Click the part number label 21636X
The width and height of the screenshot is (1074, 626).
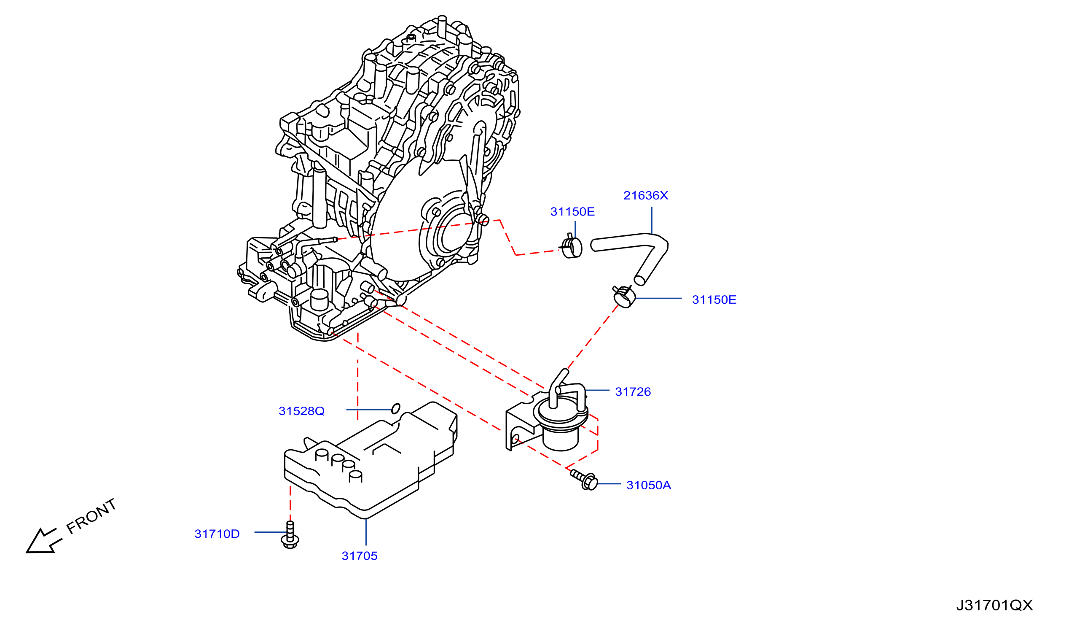pyautogui.click(x=646, y=196)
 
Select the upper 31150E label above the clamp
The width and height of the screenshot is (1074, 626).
pyautogui.click(x=572, y=212)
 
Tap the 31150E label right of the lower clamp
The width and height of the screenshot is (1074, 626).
pyautogui.click(x=714, y=300)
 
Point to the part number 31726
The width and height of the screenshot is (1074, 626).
pyautogui.click(x=633, y=392)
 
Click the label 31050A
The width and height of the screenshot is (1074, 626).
pyautogui.click(x=649, y=485)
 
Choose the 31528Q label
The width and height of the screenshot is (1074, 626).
pyautogui.click(x=302, y=411)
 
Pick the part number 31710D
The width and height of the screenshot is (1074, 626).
pyautogui.click(x=217, y=534)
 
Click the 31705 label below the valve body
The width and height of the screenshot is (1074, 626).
pyautogui.click(x=359, y=556)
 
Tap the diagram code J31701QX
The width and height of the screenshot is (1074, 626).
pyautogui.click(x=994, y=605)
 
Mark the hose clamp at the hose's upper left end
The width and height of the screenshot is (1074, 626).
pyautogui.click(x=571, y=247)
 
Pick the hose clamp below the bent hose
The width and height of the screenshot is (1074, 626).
pyautogui.click(x=624, y=297)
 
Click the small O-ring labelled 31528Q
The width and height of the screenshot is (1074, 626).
pyautogui.click(x=395, y=409)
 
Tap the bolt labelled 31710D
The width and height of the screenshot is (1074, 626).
pyautogui.click(x=290, y=535)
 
